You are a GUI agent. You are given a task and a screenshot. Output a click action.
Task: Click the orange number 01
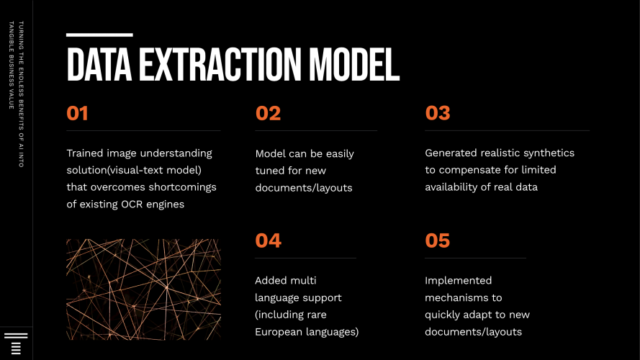77,114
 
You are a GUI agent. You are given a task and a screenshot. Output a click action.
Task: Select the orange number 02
268,114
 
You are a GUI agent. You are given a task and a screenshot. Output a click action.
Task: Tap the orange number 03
438,114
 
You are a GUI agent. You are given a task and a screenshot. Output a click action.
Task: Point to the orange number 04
268,240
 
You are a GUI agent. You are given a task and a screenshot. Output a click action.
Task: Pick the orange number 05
438,240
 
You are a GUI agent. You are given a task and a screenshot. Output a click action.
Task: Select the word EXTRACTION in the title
217,66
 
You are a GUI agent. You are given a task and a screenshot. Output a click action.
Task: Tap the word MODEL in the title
354,66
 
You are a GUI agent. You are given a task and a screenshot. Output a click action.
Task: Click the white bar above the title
99,35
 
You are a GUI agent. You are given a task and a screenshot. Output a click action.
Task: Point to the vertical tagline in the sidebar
16,94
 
